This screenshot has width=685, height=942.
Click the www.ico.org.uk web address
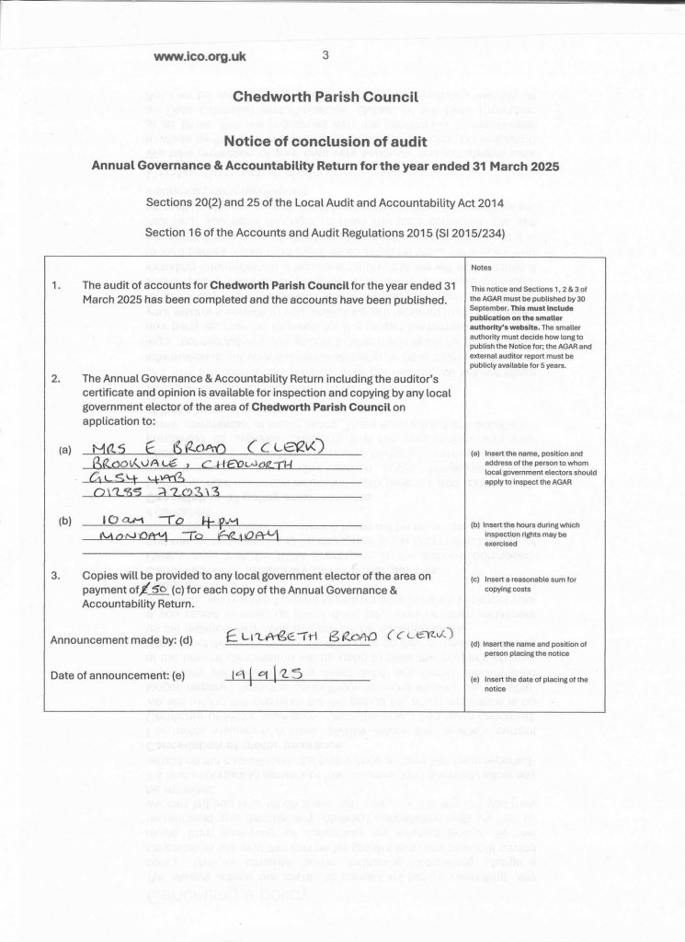(200, 56)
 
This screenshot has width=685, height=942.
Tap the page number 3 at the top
(325, 55)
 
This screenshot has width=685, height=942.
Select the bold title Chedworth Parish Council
(326, 96)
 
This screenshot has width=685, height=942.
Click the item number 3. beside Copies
(57, 576)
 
